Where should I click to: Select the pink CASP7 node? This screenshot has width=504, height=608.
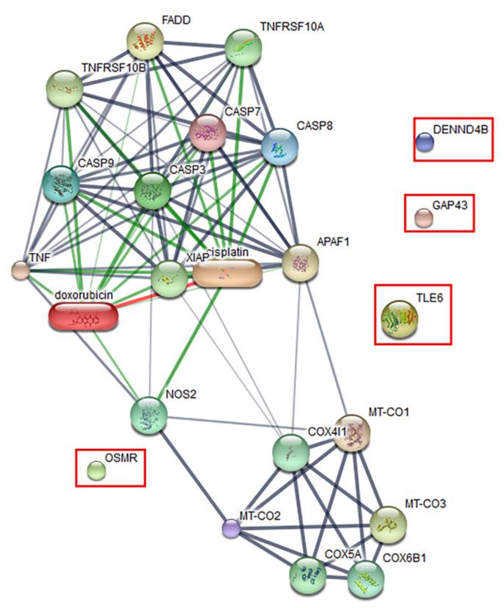click(207, 132)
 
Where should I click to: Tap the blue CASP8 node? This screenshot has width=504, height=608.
click(279, 147)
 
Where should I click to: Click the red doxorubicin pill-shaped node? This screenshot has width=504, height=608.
click(83, 316)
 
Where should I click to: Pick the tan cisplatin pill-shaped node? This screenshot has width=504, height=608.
click(227, 273)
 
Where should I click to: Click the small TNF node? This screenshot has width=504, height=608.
click(20, 270)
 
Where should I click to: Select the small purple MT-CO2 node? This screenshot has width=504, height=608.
click(231, 528)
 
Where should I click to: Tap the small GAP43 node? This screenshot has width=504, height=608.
click(424, 218)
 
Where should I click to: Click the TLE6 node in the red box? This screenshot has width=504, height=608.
click(399, 319)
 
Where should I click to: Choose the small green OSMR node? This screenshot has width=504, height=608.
click(97, 471)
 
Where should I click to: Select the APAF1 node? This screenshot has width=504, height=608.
click(300, 263)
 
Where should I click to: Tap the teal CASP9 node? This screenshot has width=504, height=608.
click(61, 184)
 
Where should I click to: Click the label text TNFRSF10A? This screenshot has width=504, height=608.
click(292, 27)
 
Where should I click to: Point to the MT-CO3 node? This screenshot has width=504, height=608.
click(388, 524)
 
